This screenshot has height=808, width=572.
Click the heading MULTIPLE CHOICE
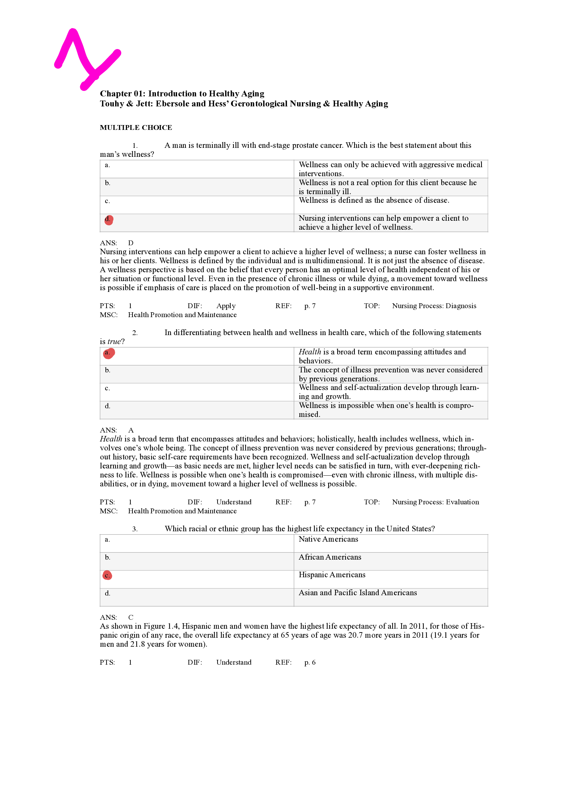(x=136, y=127)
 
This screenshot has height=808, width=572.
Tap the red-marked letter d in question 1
(x=109, y=220)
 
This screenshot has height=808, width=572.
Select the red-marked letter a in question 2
(x=109, y=353)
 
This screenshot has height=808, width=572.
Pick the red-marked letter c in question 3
(x=107, y=576)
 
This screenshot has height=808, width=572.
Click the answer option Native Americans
(x=328, y=539)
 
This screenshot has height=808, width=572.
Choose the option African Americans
(x=330, y=557)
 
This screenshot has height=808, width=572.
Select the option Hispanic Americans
(x=332, y=575)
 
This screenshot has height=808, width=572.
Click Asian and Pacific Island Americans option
(x=358, y=593)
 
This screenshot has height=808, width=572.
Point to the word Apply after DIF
(x=226, y=306)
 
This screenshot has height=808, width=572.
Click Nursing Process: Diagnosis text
(x=434, y=306)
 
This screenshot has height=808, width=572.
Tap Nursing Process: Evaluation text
(x=435, y=502)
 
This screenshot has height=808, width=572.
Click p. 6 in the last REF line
(x=310, y=662)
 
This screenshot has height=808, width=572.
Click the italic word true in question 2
(x=114, y=342)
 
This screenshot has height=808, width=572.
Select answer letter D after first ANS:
(x=131, y=243)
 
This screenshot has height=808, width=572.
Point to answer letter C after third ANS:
(x=131, y=617)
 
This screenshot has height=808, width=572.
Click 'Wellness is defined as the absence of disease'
(x=374, y=200)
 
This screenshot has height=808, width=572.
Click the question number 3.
(x=135, y=529)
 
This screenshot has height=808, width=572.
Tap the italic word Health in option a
(x=310, y=352)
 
